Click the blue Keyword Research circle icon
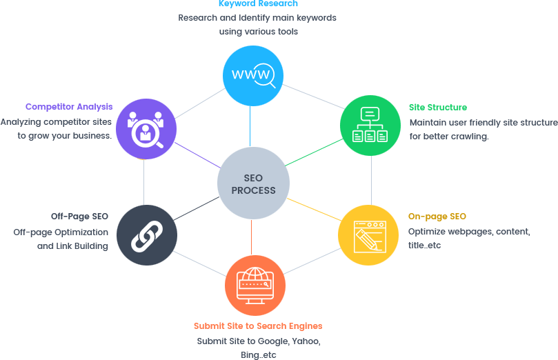point(253,75)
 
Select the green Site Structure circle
point(370,126)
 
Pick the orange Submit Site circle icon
point(255,285)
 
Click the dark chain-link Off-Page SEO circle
point(146,235)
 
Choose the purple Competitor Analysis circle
point(146,129)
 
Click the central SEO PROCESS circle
point(253,183)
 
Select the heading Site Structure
point(437,108)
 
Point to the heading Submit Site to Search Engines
point(257,326)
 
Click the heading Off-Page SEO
point(79,217)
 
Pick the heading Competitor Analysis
point(68,107)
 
